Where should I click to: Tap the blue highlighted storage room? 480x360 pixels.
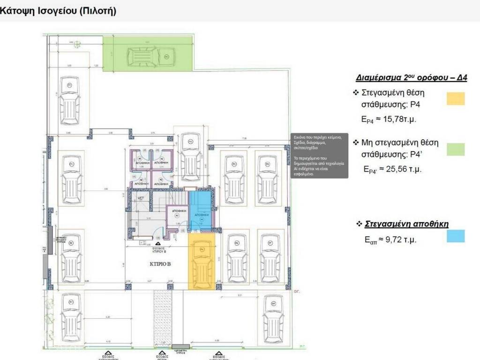click(200, 211)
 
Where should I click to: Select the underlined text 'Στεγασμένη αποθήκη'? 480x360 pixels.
click(406, 224)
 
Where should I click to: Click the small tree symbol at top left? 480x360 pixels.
click(76, 45)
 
